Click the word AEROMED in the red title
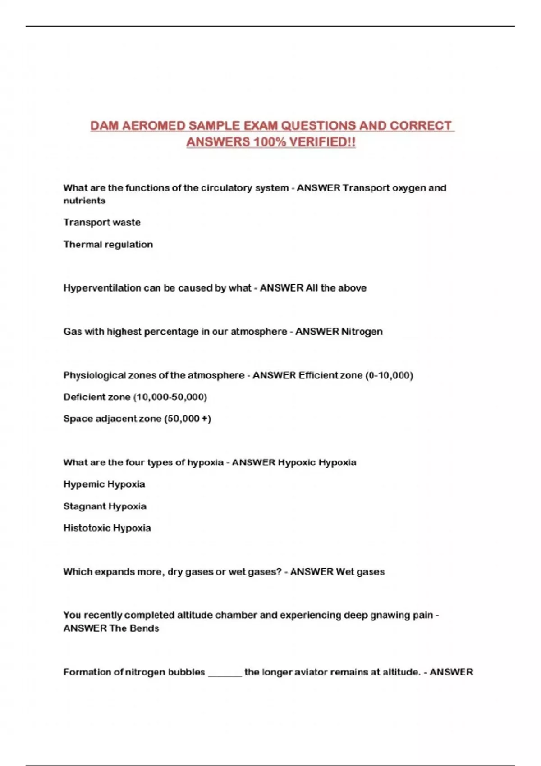(153, 126)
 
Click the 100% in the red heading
(269, 142)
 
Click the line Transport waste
(102, 222)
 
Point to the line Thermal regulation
(108, 244)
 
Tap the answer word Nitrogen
(362, 332)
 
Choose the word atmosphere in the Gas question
(259, 332)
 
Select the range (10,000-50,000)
(170, 397)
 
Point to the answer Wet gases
(360, 572)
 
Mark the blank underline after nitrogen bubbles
(225, 674)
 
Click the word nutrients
(84, 201)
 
